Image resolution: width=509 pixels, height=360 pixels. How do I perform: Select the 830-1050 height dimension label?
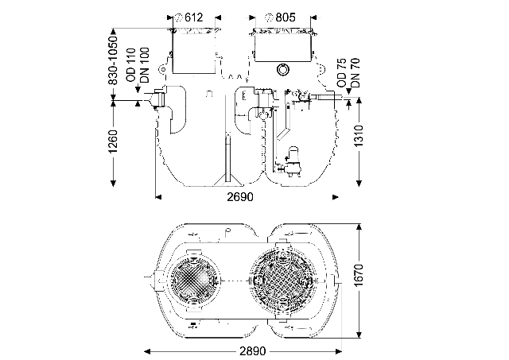tap(113, 60)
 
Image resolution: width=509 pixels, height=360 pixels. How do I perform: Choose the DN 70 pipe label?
tap(355, 72)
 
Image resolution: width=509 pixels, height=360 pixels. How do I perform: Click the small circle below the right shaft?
tap(282, 71)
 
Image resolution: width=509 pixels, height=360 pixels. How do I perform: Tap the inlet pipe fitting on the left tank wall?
tap(160, 100)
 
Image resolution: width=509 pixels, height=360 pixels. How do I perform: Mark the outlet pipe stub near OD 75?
tap(327, 99)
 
